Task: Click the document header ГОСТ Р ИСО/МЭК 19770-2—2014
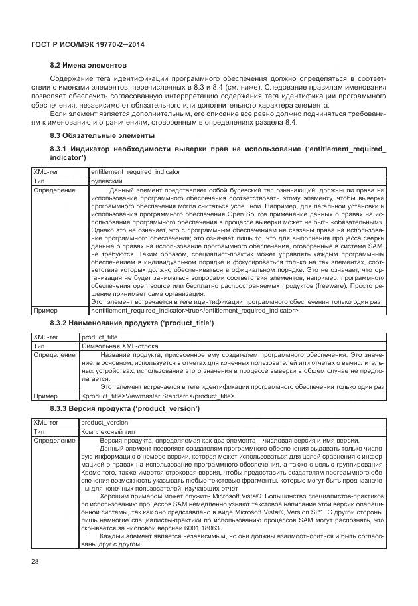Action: click(88, 44)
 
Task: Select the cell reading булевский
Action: click(105, 181)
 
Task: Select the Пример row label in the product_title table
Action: click(44, 396)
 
